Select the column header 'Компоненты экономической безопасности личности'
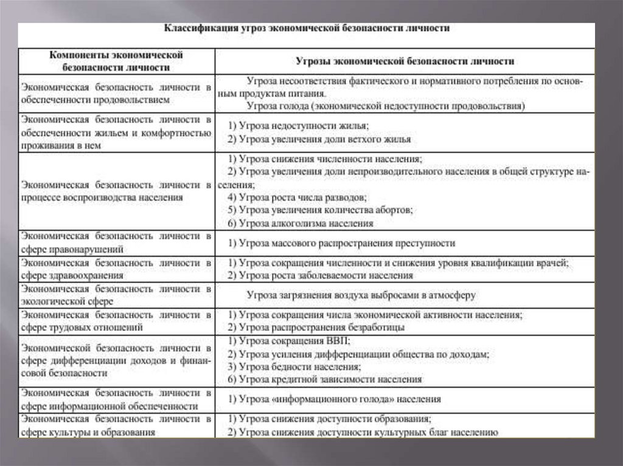(116, 61)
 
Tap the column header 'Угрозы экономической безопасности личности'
(405, 61)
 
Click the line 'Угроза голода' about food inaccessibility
(385, 106)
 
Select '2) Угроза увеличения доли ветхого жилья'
(319, 139)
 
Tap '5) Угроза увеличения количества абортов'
(320, 210)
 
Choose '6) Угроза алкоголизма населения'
(300, 224)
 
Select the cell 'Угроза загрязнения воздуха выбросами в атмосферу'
(361, 295)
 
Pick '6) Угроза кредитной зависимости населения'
(324, 380)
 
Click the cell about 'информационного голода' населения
(334, 399)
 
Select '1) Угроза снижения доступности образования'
(329, 419)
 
